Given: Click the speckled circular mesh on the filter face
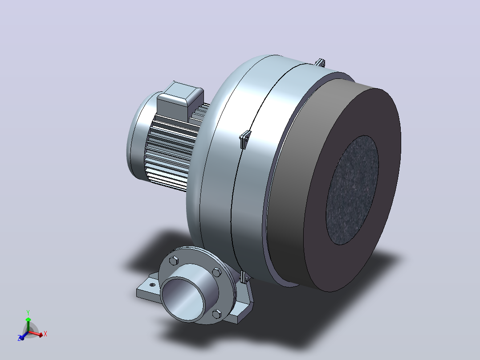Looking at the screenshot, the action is pos(352,190).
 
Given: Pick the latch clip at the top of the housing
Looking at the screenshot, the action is pos(320,62).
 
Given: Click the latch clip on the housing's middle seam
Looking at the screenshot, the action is pos(245,139).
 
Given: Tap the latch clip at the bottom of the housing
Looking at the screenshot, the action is pos(245,277).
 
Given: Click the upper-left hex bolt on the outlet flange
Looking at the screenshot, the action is pos(174,261).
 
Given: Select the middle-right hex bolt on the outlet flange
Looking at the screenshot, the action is pos(217,272).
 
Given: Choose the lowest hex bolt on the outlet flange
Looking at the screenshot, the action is pos(217,314).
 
